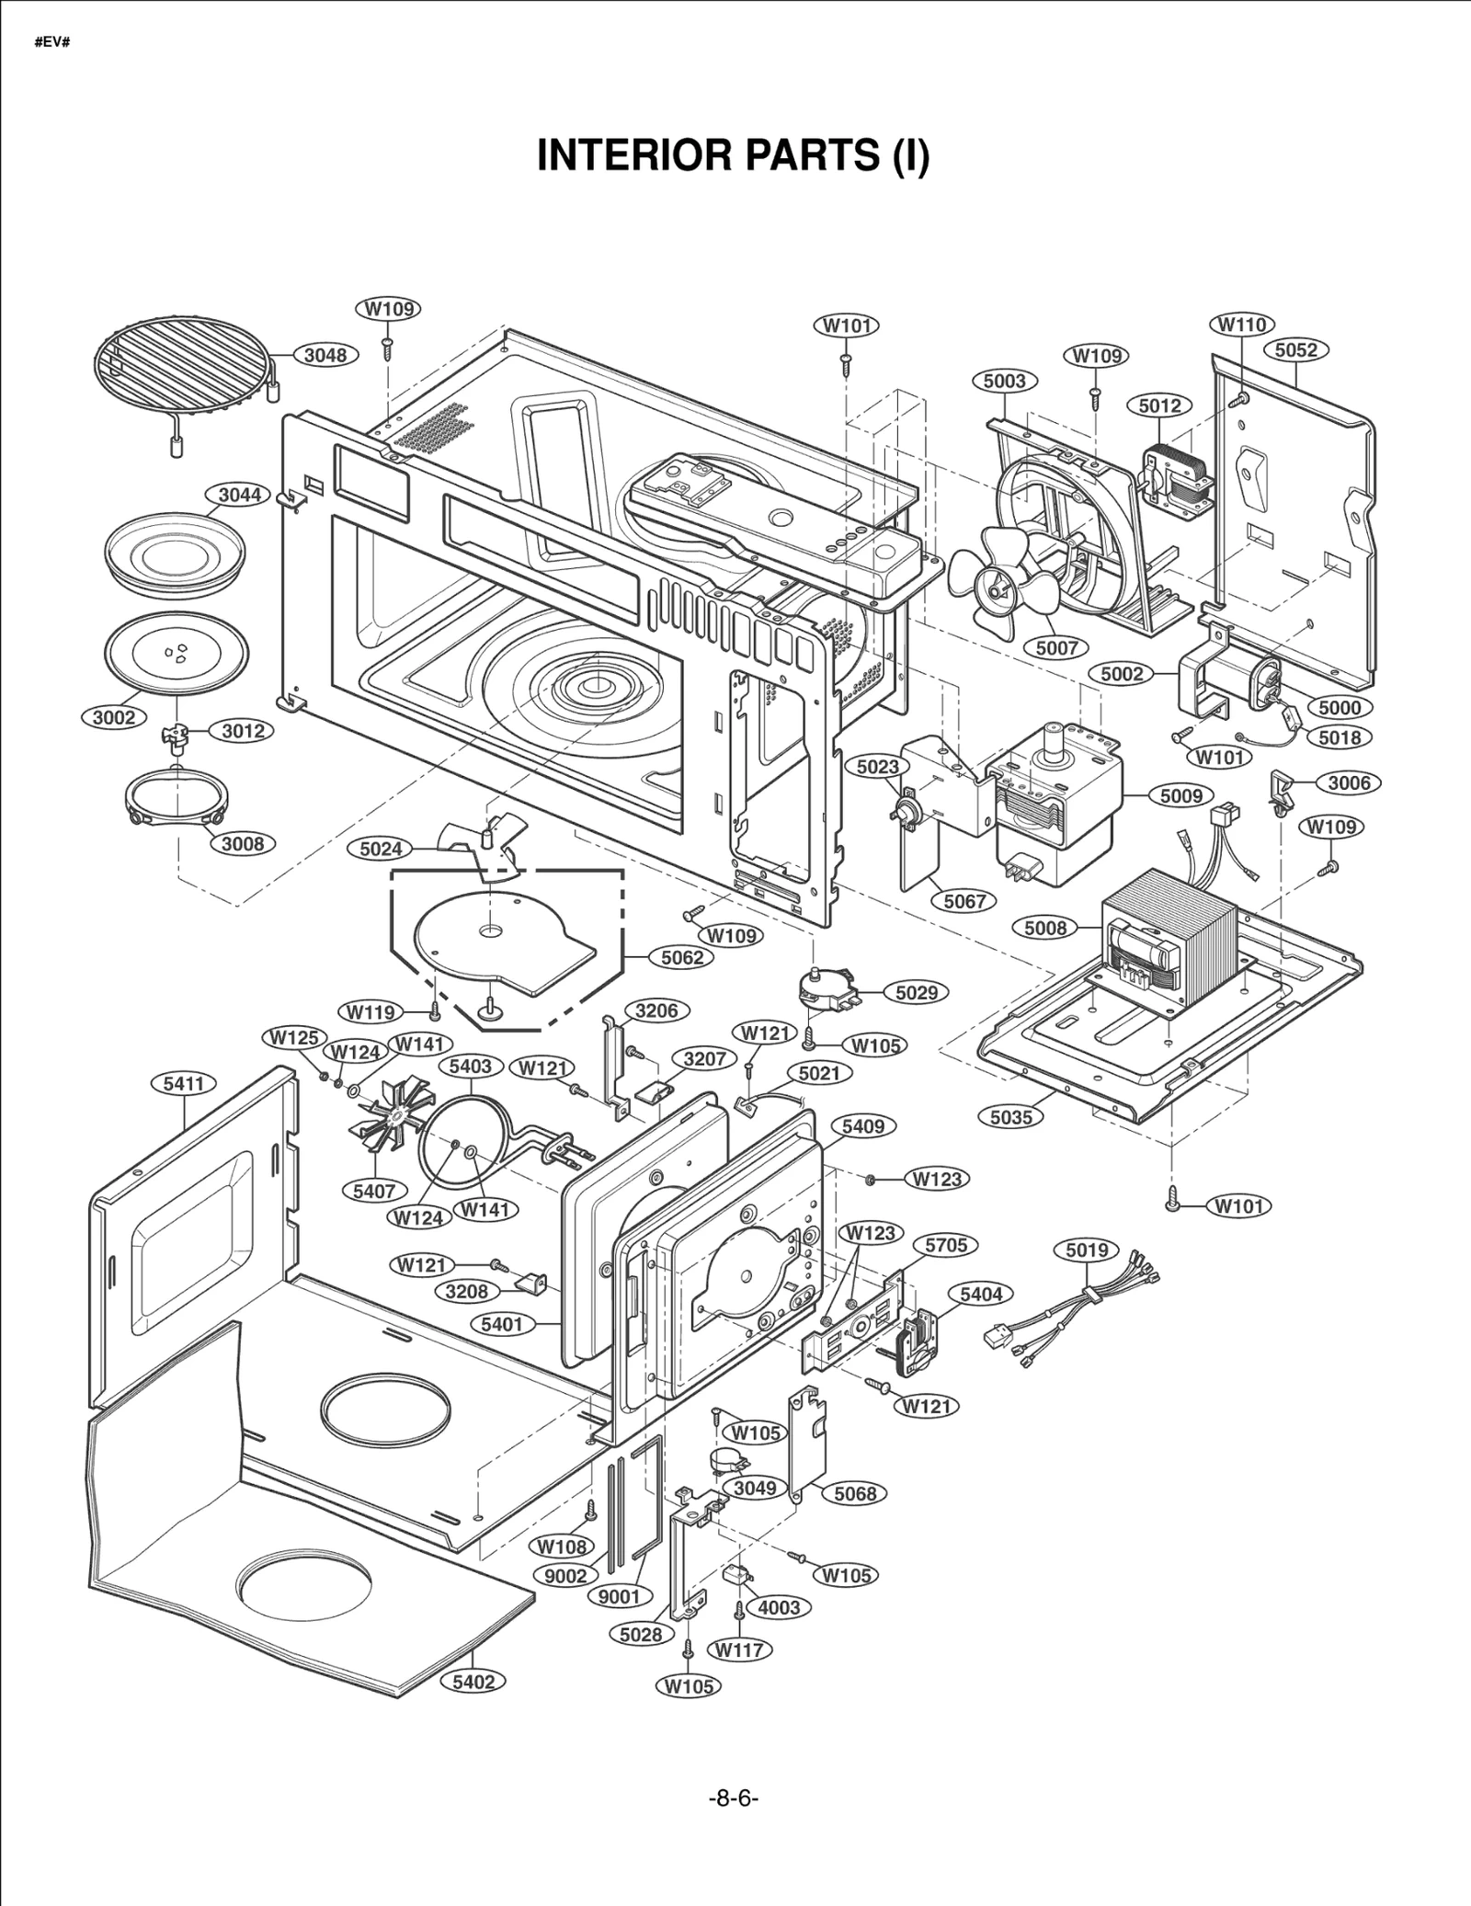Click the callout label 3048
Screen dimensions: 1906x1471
coord(325,355)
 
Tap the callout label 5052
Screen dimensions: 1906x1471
coord(1296,350)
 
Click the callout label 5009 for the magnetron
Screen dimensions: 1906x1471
coord(1180,795)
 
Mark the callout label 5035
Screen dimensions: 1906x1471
coord(1011,1117)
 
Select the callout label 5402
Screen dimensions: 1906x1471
coord(473,1682)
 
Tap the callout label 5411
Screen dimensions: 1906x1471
coord(184,1084)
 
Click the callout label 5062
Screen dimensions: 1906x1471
coord(682,957)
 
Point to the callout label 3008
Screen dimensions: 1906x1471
coord(243,843)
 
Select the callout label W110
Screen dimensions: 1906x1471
coord(1242,325)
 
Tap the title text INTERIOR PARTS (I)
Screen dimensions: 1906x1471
coord(733,154)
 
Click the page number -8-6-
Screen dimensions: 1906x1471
coord(733,1798)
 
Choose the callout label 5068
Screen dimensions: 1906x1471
coord(855,1494)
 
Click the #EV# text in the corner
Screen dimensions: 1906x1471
coord(52,43)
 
